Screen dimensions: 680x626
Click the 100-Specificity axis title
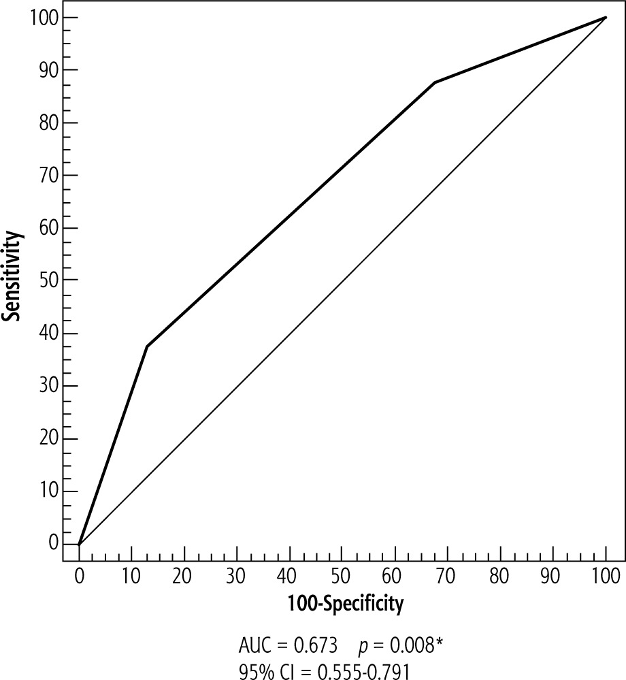[344, 602]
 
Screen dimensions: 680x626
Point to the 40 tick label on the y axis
[48, 333]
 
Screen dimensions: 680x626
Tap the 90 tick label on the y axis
[48, 70]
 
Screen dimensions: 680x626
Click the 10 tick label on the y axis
[48, 491]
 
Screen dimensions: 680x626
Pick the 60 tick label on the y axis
[48, 228]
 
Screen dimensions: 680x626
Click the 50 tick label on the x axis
[342, 576]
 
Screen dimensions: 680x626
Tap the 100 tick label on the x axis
[605, 576]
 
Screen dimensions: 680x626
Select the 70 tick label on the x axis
[448, 576]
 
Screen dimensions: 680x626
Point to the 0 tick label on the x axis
[79, 576]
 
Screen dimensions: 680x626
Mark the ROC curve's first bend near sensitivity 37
[147, 346]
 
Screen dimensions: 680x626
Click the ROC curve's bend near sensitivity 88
[435, 82]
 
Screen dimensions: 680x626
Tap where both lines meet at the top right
[605, 18]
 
